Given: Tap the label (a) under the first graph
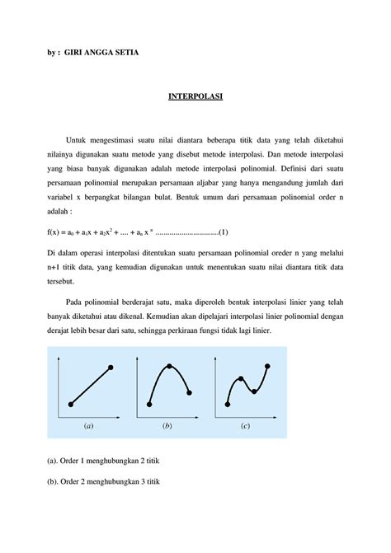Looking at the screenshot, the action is (x=88, y=428).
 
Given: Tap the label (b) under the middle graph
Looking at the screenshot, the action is (x=167, y=428).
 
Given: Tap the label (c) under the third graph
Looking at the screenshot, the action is (x=245, y=428).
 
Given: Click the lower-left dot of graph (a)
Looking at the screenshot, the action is (x=71, y=404).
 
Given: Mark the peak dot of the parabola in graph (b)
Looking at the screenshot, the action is (x=170, y=366).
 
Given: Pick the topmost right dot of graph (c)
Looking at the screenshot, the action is (x=267, y=367).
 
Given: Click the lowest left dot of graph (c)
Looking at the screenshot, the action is (x=228, y=404).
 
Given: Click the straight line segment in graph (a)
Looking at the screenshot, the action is (x=91, y=386).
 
